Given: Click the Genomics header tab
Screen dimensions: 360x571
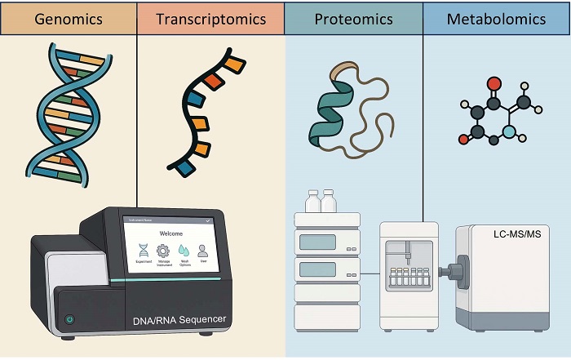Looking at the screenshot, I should [68, 19].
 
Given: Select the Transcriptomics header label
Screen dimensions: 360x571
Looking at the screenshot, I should [211, 19].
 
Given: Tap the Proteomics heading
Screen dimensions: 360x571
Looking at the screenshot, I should [353, 19].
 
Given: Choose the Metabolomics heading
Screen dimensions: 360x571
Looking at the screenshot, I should [496, 19].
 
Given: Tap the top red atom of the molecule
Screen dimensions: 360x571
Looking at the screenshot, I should [494, 83].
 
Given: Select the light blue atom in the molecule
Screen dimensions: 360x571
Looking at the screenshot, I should [509, 131].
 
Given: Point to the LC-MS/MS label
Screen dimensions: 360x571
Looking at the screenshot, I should [517, 235].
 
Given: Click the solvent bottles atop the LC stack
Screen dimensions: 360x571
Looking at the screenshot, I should [320, 201].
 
